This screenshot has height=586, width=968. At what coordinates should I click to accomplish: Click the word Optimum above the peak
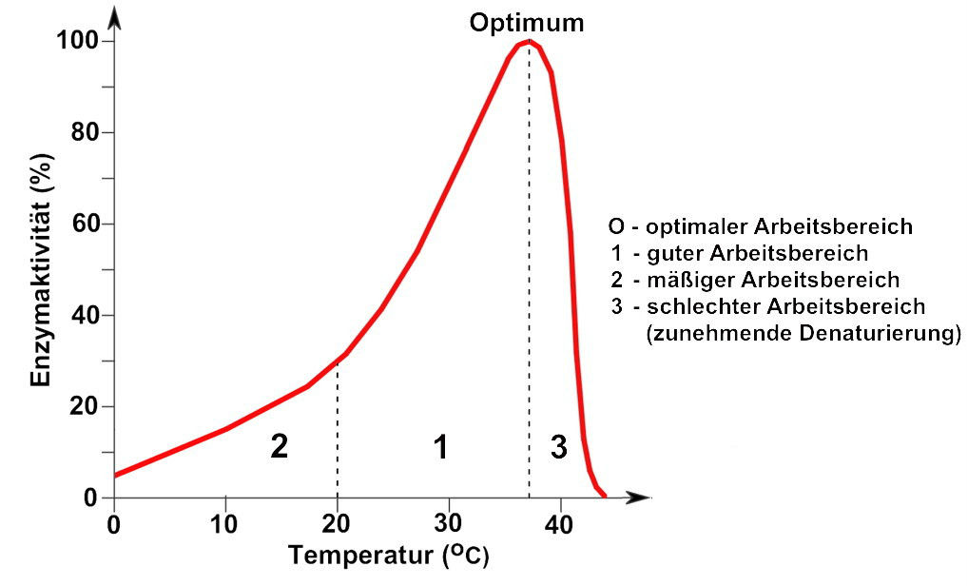[x=526, y=22]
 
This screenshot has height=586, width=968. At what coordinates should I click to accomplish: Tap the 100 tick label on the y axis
[x=76, y=41]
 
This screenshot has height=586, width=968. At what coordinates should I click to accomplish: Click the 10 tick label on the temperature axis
[x=225, y=524]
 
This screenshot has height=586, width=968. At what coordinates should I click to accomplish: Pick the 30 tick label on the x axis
[x=449, y=524]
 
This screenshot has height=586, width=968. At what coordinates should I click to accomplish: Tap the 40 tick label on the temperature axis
[x=561, y=524]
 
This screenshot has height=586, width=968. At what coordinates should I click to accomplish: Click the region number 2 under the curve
[x=279, y=446]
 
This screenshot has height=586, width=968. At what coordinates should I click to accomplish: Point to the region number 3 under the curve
[x=559, y=446]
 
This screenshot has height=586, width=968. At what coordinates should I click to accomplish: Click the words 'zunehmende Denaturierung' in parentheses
[x=803, y=334]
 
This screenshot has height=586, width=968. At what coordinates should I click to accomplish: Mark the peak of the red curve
[x=529, y=41]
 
